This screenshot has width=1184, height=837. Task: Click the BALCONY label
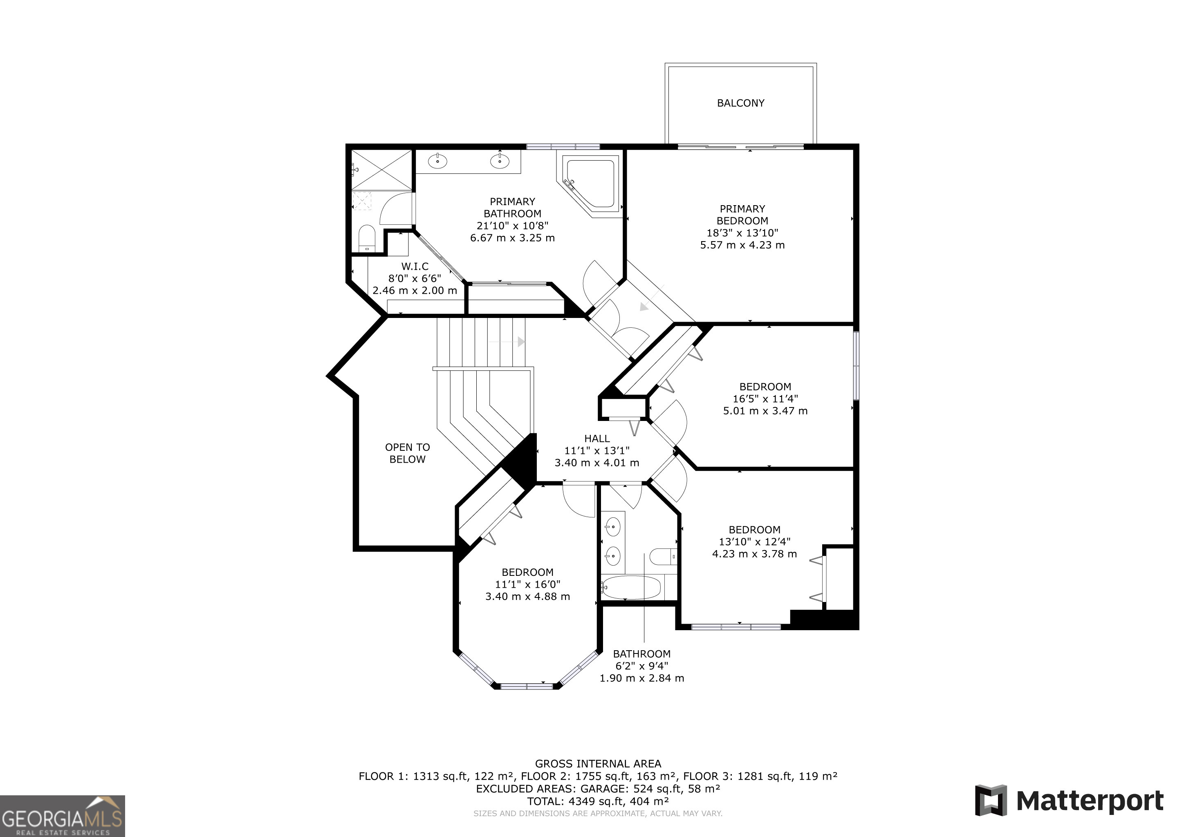tap(740, 103)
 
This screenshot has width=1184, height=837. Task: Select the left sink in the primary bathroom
tap(438, 161)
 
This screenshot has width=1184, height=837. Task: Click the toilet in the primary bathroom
tap(367, 238)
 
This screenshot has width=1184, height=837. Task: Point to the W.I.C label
tap(415, 266)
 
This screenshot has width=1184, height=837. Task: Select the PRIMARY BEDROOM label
tap(742, 215)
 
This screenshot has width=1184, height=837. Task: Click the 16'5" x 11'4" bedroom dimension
tap(765, 399)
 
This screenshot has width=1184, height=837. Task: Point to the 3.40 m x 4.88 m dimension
tap(527, 597)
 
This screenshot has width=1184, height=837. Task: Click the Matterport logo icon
tap(991, 800)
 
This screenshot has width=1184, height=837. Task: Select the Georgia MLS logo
tap(63, 816)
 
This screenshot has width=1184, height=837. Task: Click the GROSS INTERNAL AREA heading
tap(598, 764)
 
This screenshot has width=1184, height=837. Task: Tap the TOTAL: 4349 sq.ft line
tap(598, 801)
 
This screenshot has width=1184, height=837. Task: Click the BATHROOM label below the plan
tap(641, 654)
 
